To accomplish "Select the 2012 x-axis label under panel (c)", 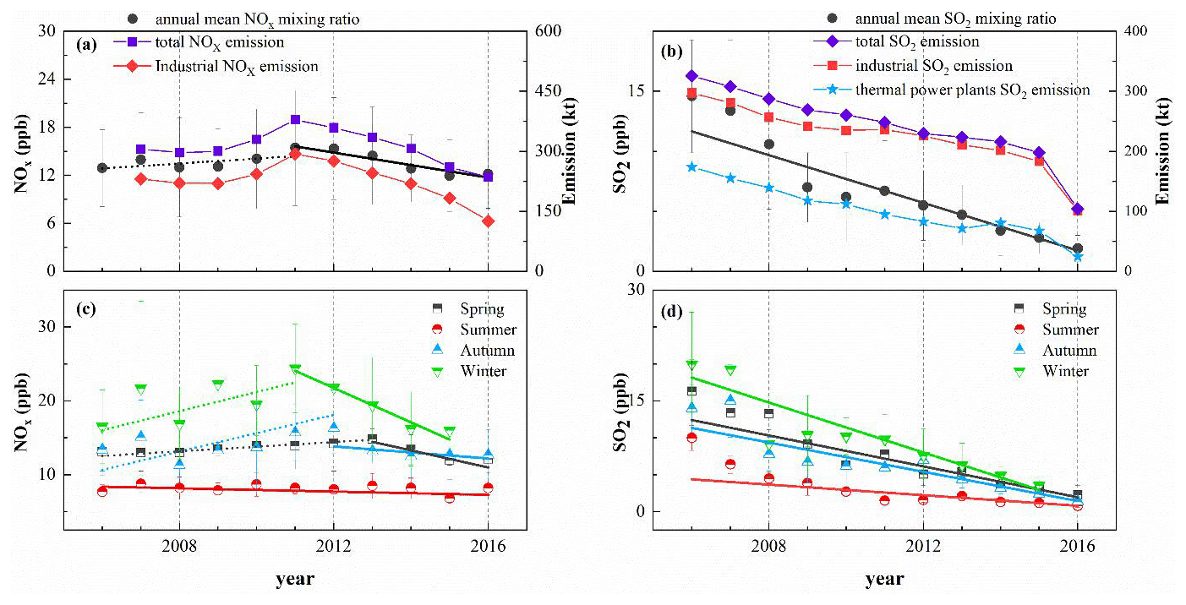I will (x=333, y=547).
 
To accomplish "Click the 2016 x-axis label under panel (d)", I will (x=1077, y=547).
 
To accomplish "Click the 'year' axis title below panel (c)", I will (x=295, y=580).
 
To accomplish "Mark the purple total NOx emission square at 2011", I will (x=295, y=120).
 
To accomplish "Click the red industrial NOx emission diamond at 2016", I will (x=488, y=221).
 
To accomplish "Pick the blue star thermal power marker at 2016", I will (x=1077, y=256).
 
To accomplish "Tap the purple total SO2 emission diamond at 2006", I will (x=691, y=76).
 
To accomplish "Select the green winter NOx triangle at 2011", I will (x=295, y=369).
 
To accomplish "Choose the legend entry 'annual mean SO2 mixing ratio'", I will (x=955, y=18).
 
